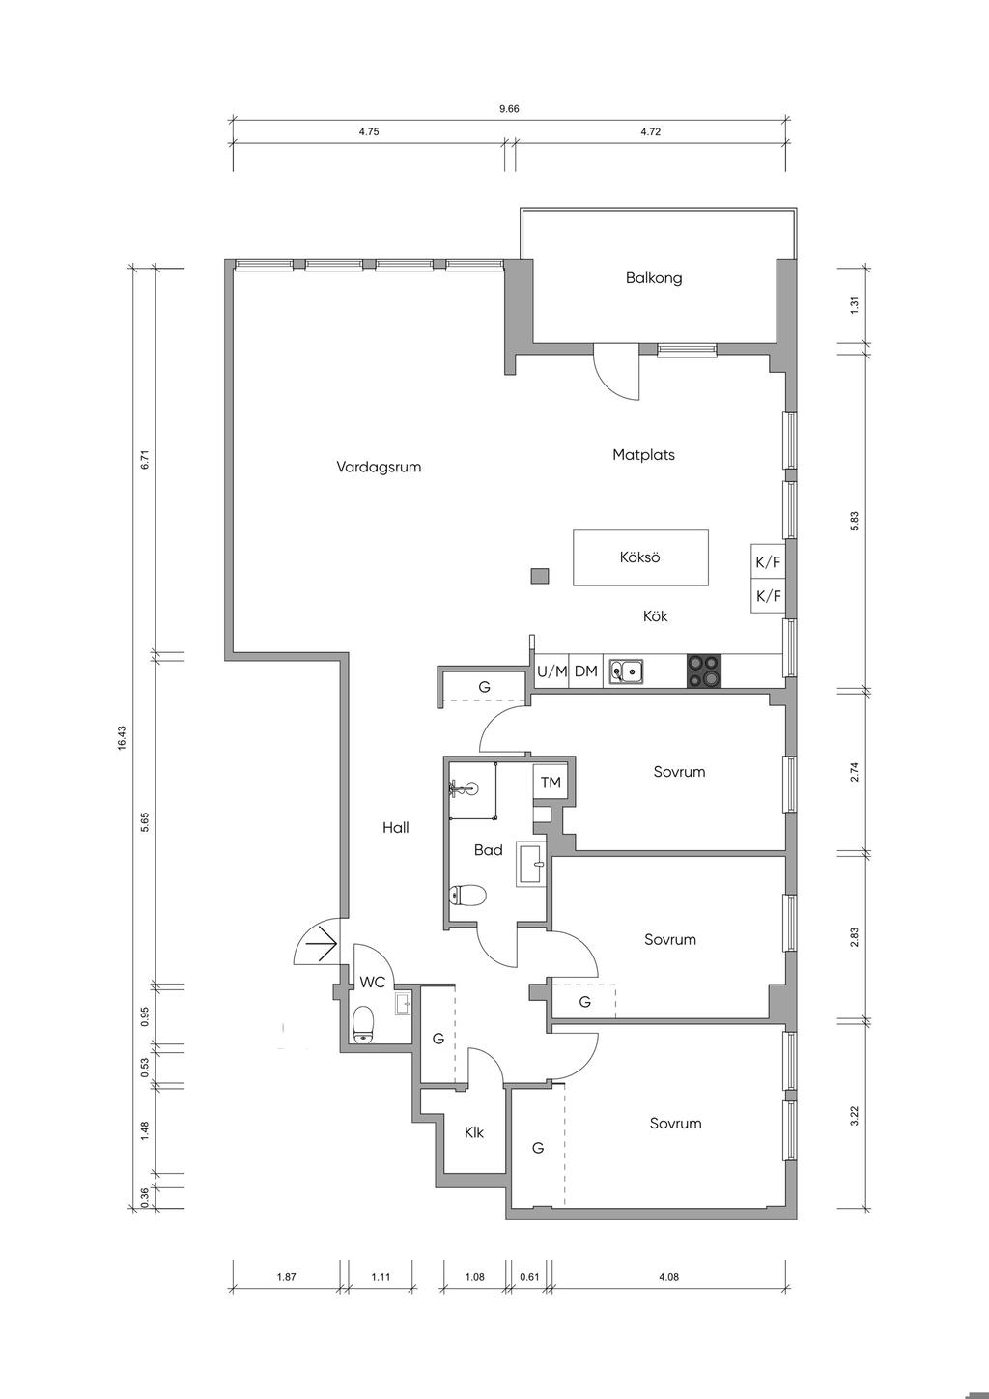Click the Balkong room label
(654, 278)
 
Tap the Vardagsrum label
(379, 468)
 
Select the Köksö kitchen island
(640, 557)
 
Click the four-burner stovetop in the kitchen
(704, 671)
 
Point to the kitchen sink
(626, 671)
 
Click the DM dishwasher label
(585, 671)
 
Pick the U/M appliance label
(551, 671)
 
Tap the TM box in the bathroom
(551, 782)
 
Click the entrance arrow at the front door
(326, 943)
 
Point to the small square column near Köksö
(540, 576)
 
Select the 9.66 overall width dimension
(509, 108)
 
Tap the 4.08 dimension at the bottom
(668, 1277)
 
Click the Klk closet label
(474, 1132)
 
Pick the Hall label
(396, 828)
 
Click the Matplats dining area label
(644, 455)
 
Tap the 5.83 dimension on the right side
(855, 522)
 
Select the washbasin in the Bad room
(530, 864)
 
